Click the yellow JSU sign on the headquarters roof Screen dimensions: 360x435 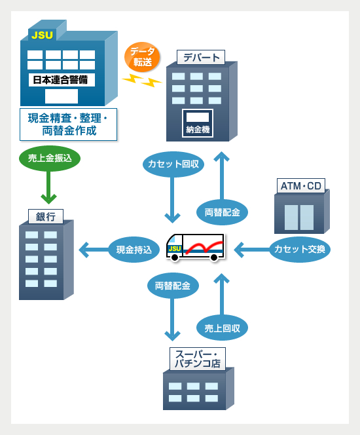pos(42,35)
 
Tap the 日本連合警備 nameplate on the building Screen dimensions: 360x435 pos(62,80)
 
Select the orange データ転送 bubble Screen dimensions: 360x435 pos(143,57)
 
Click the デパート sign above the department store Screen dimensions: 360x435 pos(201,58)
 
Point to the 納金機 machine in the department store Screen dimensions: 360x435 pos(198,123)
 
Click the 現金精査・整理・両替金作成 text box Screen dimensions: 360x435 pos(69,124)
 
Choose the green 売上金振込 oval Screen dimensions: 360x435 pos(50,158)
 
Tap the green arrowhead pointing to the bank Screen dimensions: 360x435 pos(49,199)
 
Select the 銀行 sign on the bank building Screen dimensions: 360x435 pos(46,216)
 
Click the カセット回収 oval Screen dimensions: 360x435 pos(173,164)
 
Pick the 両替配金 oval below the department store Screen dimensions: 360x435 pos(222,212)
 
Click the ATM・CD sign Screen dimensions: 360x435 pos(301,186)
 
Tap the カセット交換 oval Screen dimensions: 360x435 pos(300,250)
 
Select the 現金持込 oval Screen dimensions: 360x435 pos(134,250)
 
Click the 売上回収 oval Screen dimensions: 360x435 pos(222,328)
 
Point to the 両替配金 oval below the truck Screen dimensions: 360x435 pos(173,286)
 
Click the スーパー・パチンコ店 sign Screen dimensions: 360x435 pos(198,359)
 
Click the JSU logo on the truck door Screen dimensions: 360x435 pos(175,248)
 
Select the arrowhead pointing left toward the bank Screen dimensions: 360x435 pos(84,250)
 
